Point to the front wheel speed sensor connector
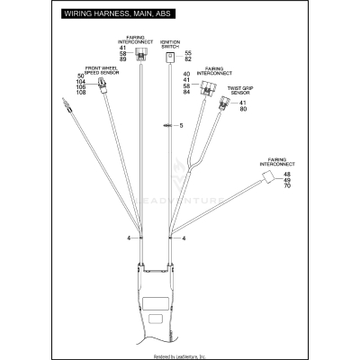pos(104,87)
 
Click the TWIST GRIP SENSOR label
pos(240,90)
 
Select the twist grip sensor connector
pos(224,106)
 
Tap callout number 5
pos(180,125)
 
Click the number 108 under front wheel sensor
pos(81,93)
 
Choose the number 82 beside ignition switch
pos(187,59)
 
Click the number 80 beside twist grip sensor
pos(243,111)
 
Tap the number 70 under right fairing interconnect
pos(286,186)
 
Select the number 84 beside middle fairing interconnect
pos(187,92)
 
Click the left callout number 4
pos(130,238)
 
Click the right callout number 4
pos(184,238)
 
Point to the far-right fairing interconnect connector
pos(268,180)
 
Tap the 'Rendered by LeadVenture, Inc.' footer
pos(180,355)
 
